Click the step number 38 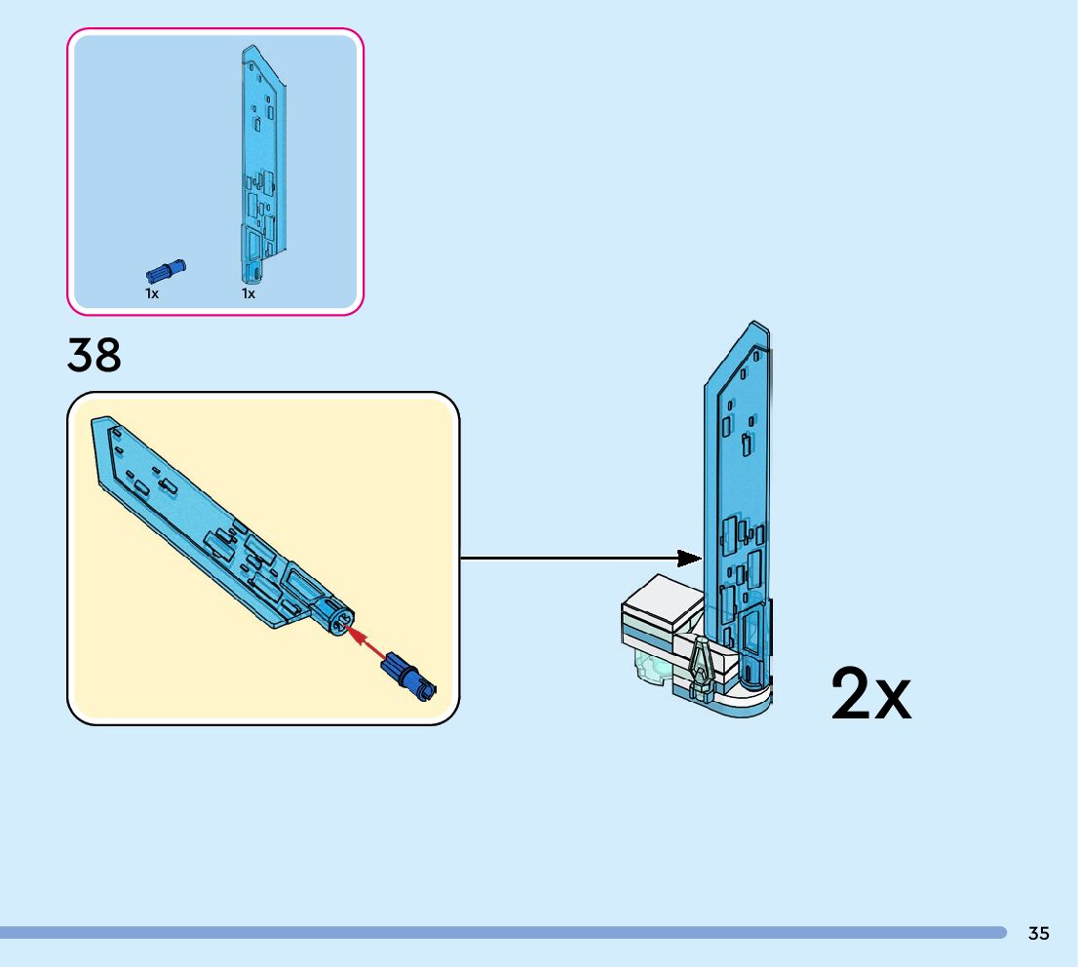(x=95, y=355)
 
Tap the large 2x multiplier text (x=870, y=694)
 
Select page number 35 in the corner (x=1039, y=933)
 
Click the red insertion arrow (x=366, y=644)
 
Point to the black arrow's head (x=689, y=558)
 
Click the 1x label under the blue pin (x=152, y=293)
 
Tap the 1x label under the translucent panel (x=249, y=293)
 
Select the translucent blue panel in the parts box (x=259, y=166)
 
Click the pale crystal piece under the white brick (x=647, y=668)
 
